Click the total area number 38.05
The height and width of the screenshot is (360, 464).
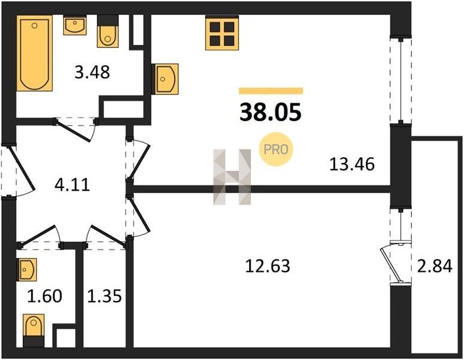click(x=270, y=113)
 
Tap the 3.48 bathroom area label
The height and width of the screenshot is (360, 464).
click(x=92, y=72)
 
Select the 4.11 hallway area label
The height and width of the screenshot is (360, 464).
click(x=72, y=185)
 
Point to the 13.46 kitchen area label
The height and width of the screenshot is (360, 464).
click(x=352, y=164)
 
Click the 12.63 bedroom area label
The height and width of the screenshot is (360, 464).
click(x=268, y=265)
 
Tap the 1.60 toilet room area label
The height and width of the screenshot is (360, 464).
click(x=44, y=296)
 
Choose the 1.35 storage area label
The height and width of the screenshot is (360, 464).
click(x=104, y=296)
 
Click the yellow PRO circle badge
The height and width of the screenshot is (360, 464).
click(x=276, y=149)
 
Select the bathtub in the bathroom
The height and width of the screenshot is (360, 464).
click(x=34, y=53)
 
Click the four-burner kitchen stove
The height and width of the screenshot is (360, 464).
click(x=222, y=33)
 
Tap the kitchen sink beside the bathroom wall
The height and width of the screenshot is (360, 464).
click(x=165, y=79)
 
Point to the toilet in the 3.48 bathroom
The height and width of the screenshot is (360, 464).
click(x=107, y=31)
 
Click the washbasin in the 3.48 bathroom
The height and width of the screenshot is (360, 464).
click(x=75, y=25)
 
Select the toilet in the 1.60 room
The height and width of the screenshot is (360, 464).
click(x=34, y=331)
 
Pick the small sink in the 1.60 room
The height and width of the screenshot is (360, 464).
click(x=27, y=269)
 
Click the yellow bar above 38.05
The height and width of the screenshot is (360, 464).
click(x=271, y=91)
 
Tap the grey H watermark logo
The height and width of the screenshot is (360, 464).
click(x=232, y=177)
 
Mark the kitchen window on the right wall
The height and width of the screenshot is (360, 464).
click(x=401, y=80)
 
